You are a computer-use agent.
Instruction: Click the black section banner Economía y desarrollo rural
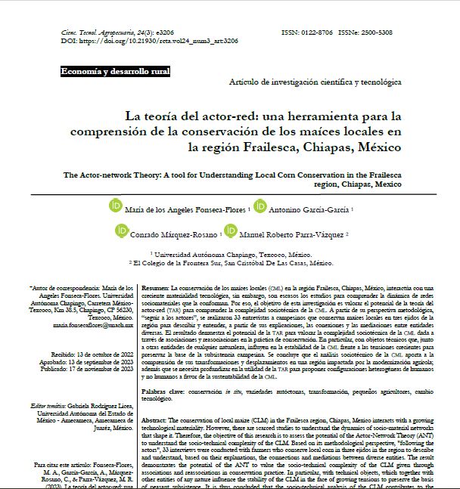coord(116,72)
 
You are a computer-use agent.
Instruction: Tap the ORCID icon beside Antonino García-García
coord(260,206)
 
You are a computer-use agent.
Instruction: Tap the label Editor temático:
coord(48,405)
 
